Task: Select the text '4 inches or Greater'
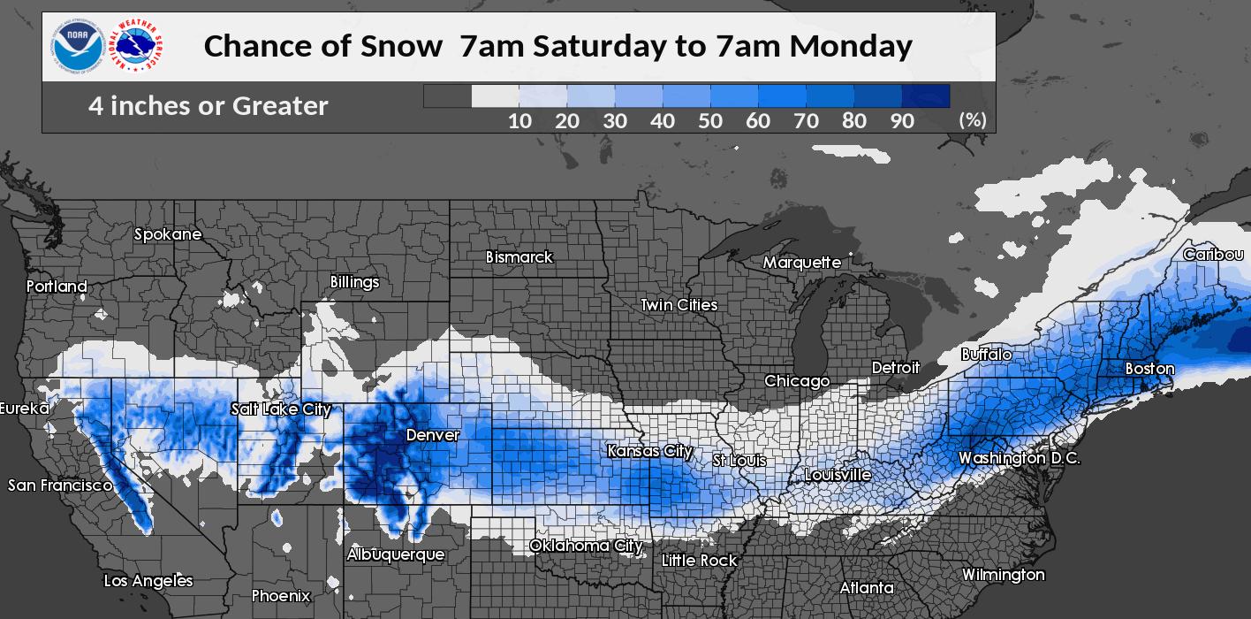tap(208, 106)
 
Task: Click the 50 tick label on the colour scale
tap(710, 121)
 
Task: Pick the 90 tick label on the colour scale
tap(901, 121)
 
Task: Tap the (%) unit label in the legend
tap(973, 120)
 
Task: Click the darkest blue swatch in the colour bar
tap(926, 96)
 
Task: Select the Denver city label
tap(433, 435)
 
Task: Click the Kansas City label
tap(649, 451)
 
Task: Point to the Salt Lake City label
tap(280, 409)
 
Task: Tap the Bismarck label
tap(519, 257)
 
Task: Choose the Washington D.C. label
tap(1019, 458)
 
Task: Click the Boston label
tap(1149, 369)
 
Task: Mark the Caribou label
tap(1213, 255)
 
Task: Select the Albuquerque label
tap(396, 554)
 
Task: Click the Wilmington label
tap(1003, 575)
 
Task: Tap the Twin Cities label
tap(679, 305)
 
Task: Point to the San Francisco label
tap(60, 485)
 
